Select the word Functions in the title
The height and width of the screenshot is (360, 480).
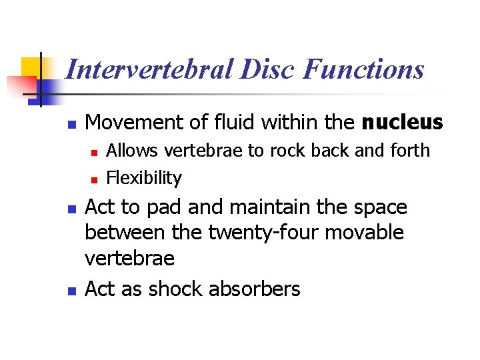[x=363, y=69]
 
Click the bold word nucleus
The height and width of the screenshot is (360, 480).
[x=402, y=123]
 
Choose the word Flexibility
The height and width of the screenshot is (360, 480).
[x=144, y=178]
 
